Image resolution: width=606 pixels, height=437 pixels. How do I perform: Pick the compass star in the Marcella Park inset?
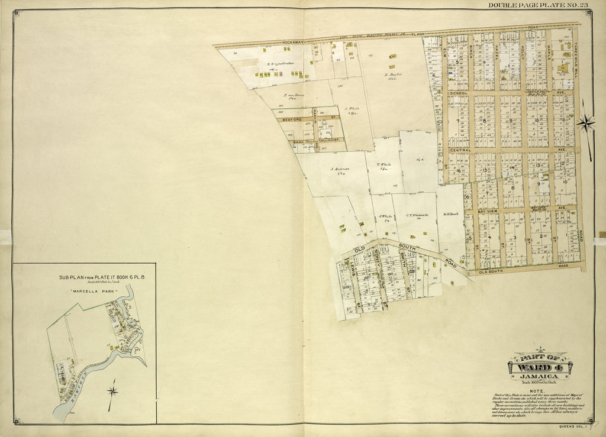click(x=112, y=390)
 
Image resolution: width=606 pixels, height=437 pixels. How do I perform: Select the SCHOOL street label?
click(x=459, y=93)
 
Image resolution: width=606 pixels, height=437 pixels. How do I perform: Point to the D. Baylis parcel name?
click(x=393, y=75)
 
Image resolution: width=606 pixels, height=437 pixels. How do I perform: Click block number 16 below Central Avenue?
click(x=458, y=170)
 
